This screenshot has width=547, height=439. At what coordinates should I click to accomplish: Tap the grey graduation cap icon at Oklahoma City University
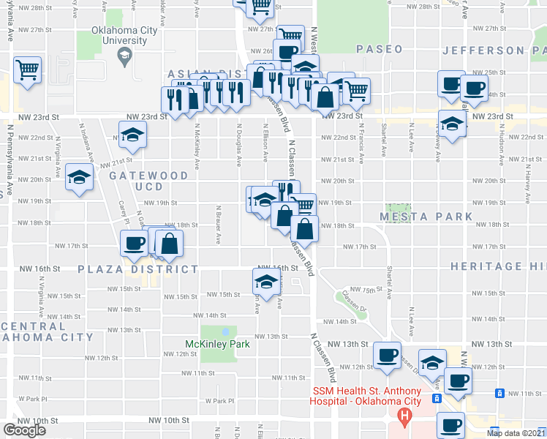click(x=124, y=56)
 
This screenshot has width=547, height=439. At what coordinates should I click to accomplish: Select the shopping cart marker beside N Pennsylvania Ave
click(x=27, y=71)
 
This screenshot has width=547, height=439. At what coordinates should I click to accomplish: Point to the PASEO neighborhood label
click(x=380, y=49)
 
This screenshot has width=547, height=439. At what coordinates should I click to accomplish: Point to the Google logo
click(x=24, y=430)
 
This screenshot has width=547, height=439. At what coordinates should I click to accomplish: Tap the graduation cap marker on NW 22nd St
click(x=133, y=135)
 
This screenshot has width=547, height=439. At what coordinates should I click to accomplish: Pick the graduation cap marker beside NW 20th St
click(x=79, y=177)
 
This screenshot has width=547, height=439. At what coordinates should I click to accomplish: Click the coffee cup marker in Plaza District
click(x=134, y=243)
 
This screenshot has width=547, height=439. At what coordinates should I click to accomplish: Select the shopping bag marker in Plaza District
click(x=169, y=244)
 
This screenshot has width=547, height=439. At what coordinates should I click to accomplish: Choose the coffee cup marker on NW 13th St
click(x=386, y=356)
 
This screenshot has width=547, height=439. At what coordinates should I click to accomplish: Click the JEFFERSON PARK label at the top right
click(x=494, y=50)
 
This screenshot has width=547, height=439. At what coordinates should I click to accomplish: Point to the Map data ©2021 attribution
click(x=516, y=433)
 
